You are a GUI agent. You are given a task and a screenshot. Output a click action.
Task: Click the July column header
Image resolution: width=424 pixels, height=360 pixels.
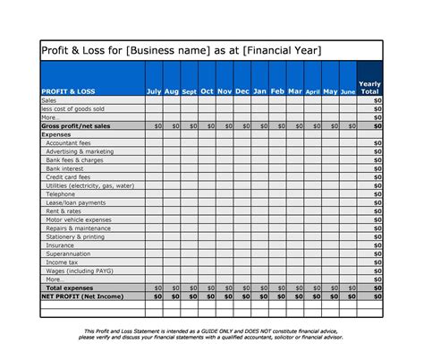coord(153,91)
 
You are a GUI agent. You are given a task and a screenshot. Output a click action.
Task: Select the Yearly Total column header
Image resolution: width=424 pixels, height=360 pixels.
coord(369,87)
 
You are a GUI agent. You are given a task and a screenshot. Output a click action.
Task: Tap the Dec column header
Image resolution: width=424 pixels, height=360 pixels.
coord(242,91)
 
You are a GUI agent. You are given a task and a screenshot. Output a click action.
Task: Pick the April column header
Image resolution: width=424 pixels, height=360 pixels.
coord(312,91)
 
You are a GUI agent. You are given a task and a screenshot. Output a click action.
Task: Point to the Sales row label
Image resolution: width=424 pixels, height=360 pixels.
coord(49,101)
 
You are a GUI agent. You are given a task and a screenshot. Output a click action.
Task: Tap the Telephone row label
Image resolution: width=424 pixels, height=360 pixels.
coord(61,193)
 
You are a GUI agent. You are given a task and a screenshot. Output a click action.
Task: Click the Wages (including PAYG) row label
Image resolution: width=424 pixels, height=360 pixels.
coord(80,270)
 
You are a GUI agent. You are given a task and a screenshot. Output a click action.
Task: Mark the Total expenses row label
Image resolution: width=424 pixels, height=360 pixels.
coord(72,287)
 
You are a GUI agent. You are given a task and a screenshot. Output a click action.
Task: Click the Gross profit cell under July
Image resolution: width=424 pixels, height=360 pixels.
coord(154,127)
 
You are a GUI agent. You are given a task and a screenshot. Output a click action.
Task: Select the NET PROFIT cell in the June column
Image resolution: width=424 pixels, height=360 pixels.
coord(347,296)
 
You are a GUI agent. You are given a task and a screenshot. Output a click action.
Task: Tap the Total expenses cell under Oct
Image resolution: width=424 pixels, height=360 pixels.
coord(207,287)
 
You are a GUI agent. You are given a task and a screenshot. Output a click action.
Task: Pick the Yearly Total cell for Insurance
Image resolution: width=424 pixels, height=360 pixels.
coord(369,244)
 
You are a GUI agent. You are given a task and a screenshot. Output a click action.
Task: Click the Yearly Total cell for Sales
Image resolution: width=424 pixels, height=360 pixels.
coord(369,101)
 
